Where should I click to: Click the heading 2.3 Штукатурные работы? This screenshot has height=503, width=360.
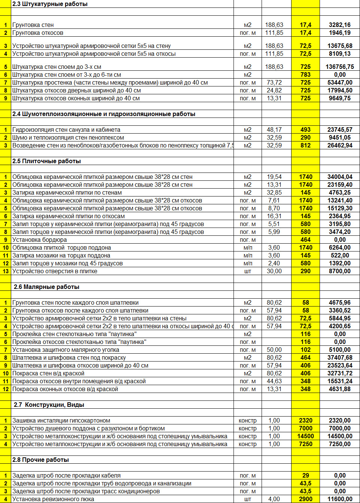tap(50, 4)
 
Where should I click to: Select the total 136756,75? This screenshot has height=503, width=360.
tap(339, 67)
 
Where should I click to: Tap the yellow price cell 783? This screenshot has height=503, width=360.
tap(305, 74)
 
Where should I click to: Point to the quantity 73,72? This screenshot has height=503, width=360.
tap(274, 82)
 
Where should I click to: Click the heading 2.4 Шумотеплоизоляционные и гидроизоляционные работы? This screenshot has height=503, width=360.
tap(104, 114)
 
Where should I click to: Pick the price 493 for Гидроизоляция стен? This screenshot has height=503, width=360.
tap(305, 129)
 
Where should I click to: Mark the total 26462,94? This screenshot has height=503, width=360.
tap(339, 145)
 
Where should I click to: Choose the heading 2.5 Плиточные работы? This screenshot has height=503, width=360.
tap(46, 161)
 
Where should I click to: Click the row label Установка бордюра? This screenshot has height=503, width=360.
tap(39, 240)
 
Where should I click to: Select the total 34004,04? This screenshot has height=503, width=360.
tap(339, 177)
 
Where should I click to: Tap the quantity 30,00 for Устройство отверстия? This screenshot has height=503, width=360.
tap(274, 271)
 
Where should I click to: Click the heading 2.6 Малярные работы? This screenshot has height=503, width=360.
tap(46, 287)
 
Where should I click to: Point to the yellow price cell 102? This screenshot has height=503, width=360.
tap(305, 350)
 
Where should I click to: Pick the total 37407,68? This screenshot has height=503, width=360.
tap(339, 357)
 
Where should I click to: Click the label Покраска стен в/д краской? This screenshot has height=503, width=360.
tap(48, 373)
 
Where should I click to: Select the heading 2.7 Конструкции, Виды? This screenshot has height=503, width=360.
tap(49, 405)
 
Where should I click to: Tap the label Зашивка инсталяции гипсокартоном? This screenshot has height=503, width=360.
tap(61, 420)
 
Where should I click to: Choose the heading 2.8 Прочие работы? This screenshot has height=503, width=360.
tap(40, 460)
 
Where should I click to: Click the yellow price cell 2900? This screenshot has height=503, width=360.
tap(305, 499)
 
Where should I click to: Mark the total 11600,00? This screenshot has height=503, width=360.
tap(339, 499)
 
